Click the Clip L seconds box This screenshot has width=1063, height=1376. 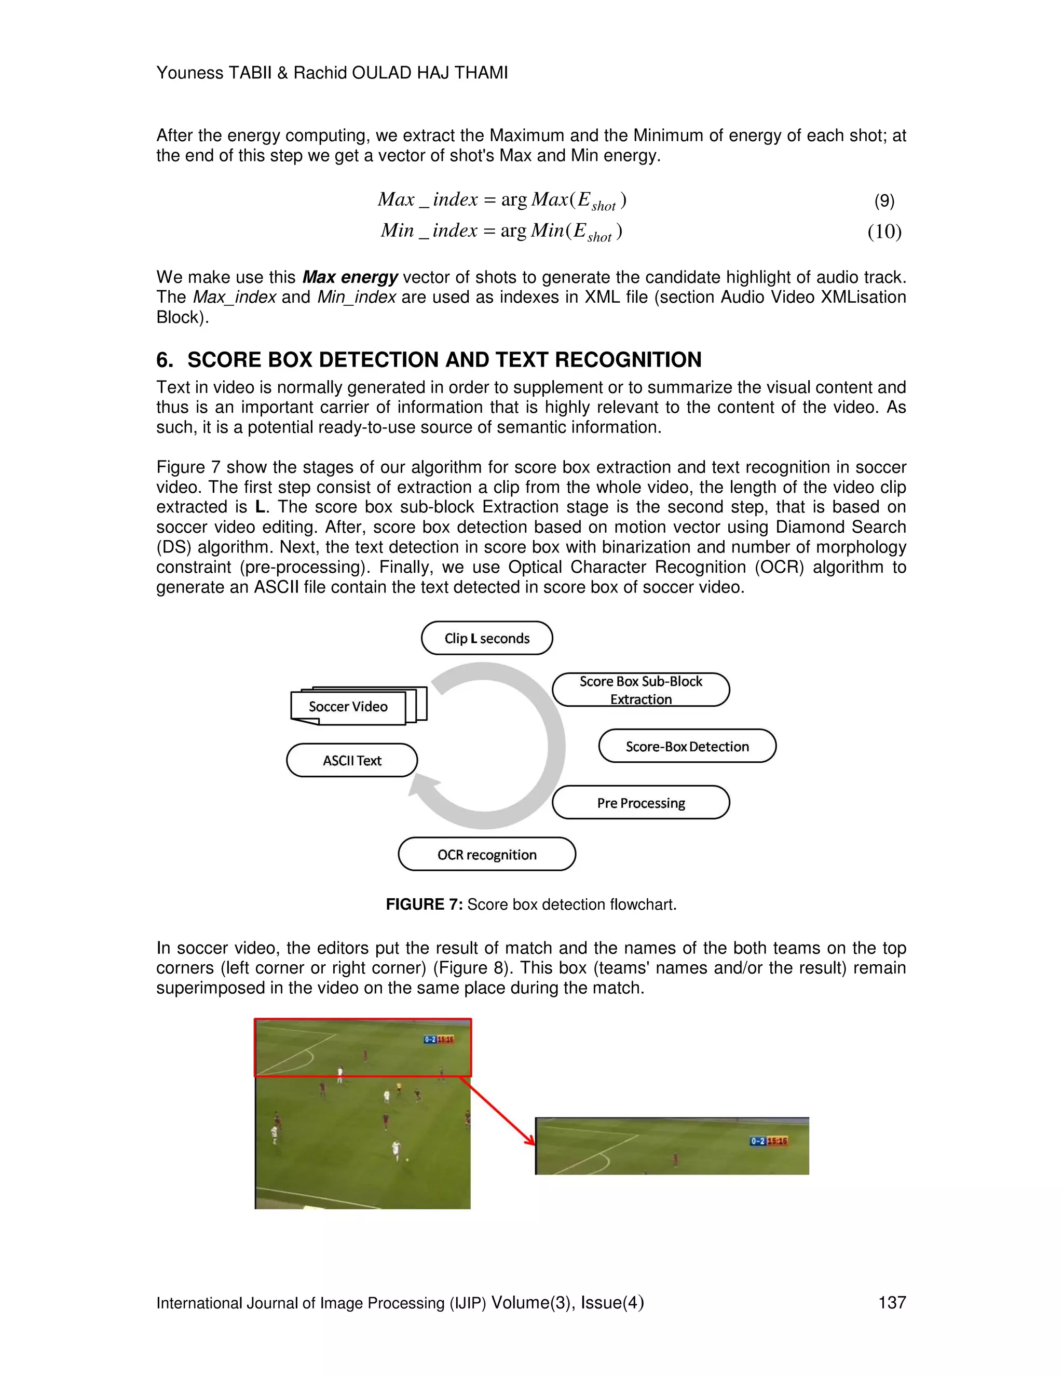point(487,638)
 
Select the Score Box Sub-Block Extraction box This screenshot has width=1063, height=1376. point(640,690)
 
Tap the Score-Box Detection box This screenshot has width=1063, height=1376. point(687,747)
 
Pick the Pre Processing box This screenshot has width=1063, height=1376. point(640,803)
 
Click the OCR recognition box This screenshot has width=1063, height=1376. point(487,854)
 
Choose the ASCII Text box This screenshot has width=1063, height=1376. point(352,761)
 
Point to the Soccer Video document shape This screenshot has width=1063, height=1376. point(348,707)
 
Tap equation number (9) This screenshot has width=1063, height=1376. point(884,201)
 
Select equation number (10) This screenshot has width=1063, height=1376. point(884,232)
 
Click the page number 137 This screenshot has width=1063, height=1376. point(892,1302)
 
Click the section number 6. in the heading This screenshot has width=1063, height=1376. point(165,360)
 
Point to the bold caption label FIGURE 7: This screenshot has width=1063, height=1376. point(424,905)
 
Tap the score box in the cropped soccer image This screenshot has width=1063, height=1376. point(769,1141)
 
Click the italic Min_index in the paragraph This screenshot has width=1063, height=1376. point(357,298)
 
